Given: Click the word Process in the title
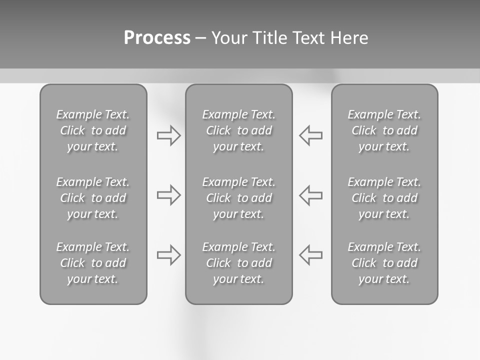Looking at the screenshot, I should coord(157,38).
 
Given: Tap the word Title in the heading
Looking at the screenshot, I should coord(269,38).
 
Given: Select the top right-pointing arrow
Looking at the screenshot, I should coord(168,135).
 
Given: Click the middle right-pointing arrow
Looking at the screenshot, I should coord(168,195).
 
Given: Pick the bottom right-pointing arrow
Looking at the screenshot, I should coord(168,254).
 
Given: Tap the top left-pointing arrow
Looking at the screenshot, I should coord(311,135).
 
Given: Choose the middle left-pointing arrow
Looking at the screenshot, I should coord(311,195).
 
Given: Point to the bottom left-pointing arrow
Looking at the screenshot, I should coord(311,254).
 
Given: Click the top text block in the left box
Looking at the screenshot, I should coord(93,130).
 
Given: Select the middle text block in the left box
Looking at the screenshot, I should coord(93,198).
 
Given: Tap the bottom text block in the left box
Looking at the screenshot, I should coord(93,263).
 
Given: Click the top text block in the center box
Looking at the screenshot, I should coord(238,130).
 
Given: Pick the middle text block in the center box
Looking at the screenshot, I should coord(238,198).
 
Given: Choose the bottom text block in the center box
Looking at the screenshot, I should coord(238,263).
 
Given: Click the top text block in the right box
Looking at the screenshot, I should coord(384,130).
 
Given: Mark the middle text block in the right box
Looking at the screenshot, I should coord(384,198).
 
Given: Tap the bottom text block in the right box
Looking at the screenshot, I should coord(384,263).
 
